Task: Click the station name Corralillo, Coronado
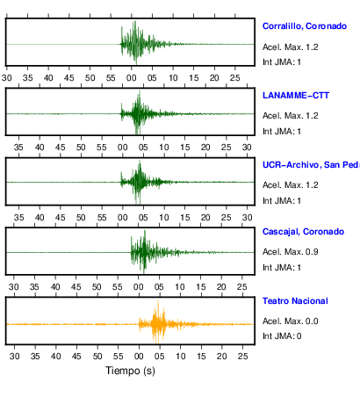coord(305,26)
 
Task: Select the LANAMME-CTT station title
coord(296,96)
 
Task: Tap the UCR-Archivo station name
coord(311,165)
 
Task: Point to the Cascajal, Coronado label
coord(303,232)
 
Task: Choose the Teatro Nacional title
coord(295,301)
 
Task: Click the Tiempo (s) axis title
coord(130,371)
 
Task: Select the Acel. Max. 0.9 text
coord(290,252)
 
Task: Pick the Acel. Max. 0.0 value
coord(290,321)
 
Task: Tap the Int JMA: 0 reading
coord(282,336)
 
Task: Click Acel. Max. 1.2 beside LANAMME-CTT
coord(290,116)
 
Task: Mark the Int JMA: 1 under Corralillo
coord(282,62)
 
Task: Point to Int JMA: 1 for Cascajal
coord(282,268)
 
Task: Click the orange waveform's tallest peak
coord(158,300)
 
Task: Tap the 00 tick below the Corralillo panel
coord(131,78)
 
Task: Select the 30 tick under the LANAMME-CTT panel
coord(247,148)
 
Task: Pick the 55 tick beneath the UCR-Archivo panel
coord(102,218)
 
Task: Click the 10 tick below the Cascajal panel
coord(180,287)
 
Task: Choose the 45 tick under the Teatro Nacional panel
coord(76,357)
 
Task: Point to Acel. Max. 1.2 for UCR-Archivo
coord(290,185)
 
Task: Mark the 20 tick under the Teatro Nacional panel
coord(222,357)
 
